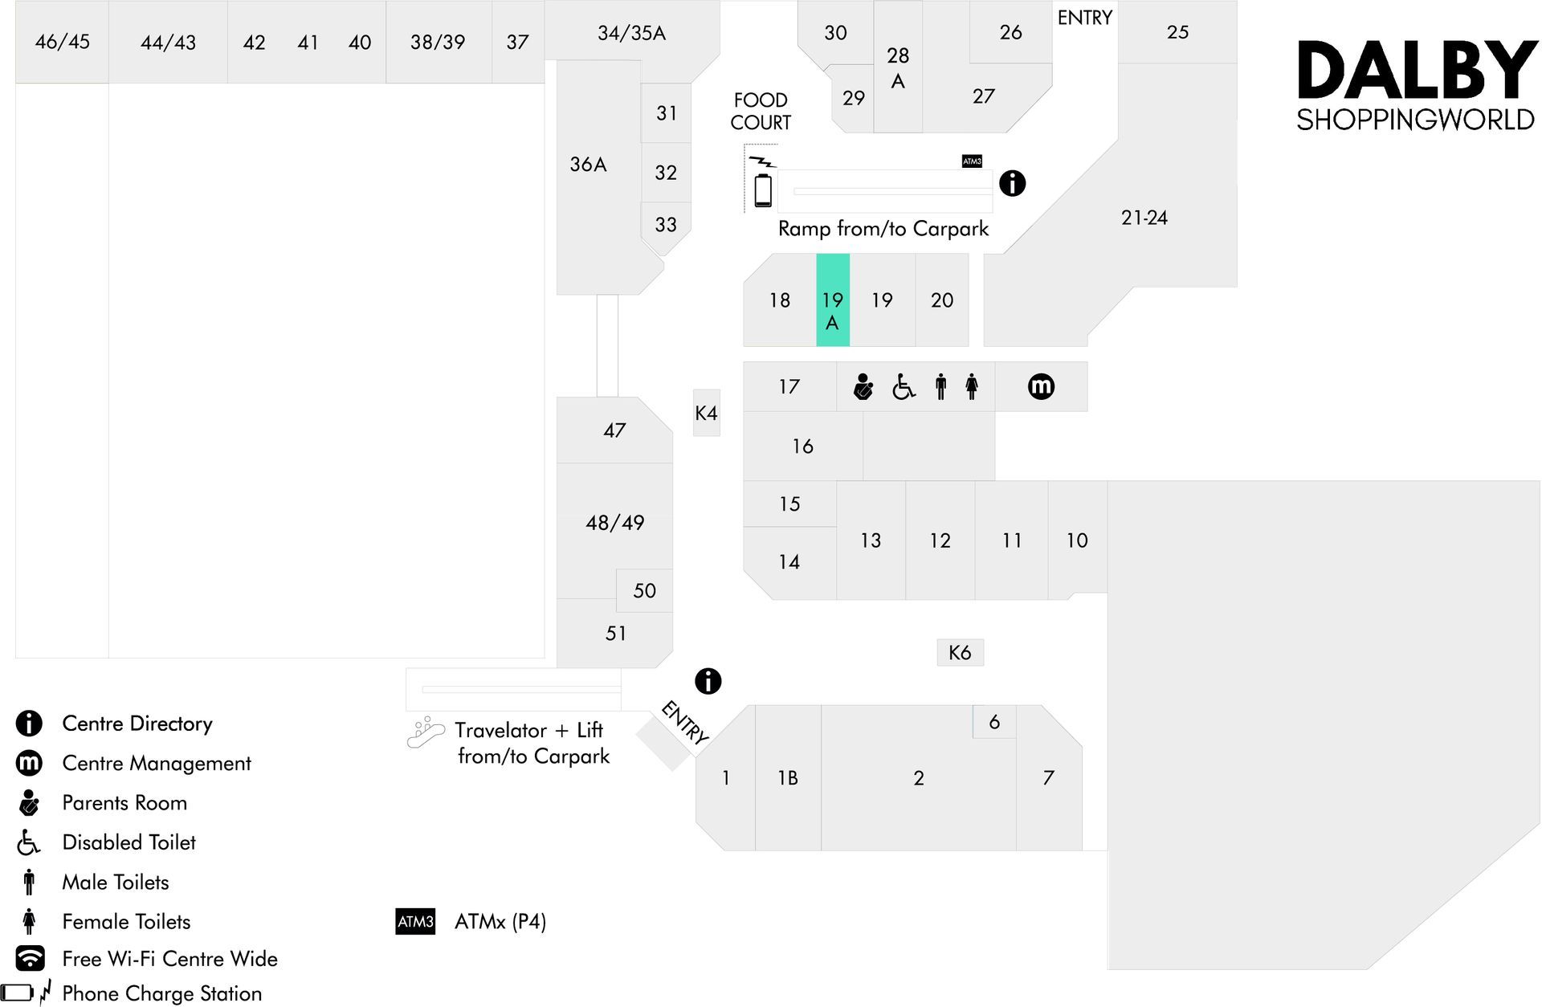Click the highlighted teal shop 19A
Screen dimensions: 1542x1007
pos(833,300)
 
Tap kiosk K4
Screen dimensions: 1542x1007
pos(707,413)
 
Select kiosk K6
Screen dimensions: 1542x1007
pos(960,652)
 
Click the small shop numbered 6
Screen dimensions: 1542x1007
pos(994,722)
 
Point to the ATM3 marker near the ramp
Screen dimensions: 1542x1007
pos(972,161)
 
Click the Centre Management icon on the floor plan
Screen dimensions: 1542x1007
pos(1041,387)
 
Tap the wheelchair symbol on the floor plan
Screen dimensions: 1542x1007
pos(904,387)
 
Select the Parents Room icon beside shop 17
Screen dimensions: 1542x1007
pos(863,387)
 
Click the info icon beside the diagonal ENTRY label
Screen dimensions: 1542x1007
pos(708,681)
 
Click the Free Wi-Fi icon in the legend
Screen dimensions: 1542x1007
pos(30,958)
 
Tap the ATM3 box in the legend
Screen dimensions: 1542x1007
pos(415,921)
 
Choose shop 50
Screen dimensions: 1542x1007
pos(644,590)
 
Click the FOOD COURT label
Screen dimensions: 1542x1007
pos(761,111)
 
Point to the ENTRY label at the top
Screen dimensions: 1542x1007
pos(1085,18)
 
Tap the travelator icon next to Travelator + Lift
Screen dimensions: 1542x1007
pos(426,732)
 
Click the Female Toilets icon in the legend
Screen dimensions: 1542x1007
pos(30,921)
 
